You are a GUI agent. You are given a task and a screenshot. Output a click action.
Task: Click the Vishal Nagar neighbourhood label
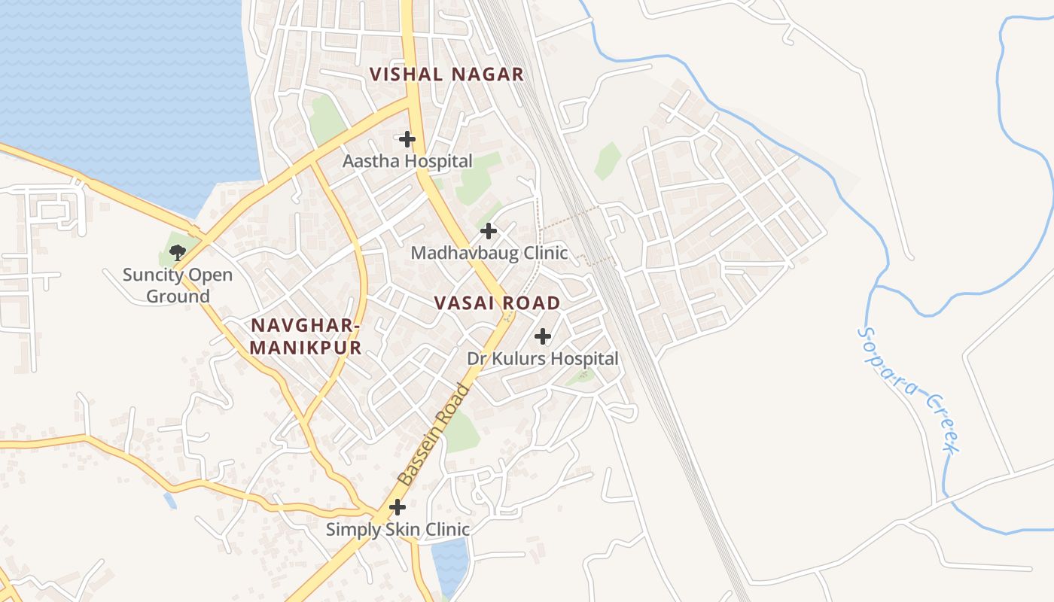tap(446, 74)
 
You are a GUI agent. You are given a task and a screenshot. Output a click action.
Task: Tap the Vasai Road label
tap(497, 303)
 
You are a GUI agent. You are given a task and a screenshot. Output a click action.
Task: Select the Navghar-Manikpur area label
tap(305, 336)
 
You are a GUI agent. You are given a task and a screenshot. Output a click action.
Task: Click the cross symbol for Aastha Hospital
tap(407, 139)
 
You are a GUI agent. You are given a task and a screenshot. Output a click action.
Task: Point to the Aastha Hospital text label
tap(407, 161)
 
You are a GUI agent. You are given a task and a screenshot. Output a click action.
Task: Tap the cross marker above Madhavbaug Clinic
tap(489, 231)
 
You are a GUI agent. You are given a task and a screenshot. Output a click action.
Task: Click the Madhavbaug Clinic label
tap(489, 253)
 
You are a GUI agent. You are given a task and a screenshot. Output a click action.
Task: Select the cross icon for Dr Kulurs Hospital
tap(543, 336)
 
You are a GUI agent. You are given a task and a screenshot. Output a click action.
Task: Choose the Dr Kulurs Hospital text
tap(543, 359)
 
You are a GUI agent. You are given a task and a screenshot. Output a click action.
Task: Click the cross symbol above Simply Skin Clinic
tap(398, 508)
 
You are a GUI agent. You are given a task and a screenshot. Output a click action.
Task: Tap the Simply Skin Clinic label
tap(398, 530)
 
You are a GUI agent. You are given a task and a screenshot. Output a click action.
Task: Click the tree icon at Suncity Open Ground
tap(178, 253)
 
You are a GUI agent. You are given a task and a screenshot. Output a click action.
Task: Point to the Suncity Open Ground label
tap(178, 285)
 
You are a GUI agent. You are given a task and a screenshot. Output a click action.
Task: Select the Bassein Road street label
tap(434, 435)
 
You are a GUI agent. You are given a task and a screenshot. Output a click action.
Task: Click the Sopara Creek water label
tap(909, 390)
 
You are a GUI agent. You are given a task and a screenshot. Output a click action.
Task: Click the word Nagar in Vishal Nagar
tap(487, 74)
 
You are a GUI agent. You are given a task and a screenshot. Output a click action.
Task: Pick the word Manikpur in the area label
tap(305, 348)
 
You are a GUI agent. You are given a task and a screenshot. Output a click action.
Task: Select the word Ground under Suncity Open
tap(178, 296)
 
